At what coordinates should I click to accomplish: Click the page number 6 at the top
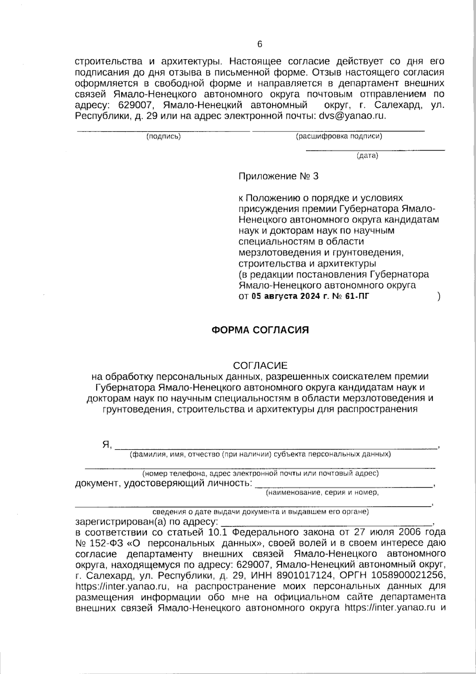click(260, 44)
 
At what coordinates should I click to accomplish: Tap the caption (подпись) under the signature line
click(163, 137)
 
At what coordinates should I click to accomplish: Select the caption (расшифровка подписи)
click(339, 137)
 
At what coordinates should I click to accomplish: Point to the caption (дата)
click(367, 156)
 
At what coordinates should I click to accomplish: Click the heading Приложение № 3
click(278, 176)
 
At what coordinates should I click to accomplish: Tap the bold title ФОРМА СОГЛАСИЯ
click(260, 330)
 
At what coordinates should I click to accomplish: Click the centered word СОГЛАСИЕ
click(260, 365)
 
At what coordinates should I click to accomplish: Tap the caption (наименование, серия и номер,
click(322, 493)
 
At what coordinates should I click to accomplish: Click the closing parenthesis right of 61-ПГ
click(439, 296)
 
